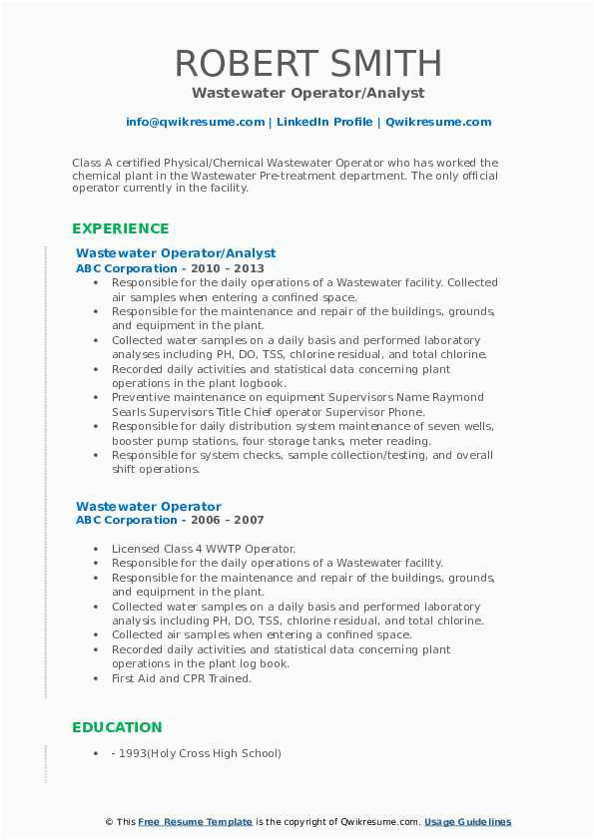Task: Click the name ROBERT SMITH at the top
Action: point(308,63)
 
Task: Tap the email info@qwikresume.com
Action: point(196,122)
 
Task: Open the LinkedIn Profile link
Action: point(325,122)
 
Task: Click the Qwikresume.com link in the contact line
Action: point(438,122)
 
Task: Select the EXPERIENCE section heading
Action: point(121,228)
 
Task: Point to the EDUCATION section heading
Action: point(117,727)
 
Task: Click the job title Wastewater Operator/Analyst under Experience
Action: point(176,253)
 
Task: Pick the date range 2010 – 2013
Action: point(238,268)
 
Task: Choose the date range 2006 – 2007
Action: point(238,521)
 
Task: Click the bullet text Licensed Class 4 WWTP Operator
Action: point(204,549)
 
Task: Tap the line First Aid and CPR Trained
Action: point(182,678)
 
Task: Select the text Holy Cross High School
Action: point(228,753)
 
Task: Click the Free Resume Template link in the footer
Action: point(196,822)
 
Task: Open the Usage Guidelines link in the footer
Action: point(467,822)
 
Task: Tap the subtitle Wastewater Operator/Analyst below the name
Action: point(308,93)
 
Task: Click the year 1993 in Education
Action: point(137,753)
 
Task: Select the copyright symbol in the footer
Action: point(109,822)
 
